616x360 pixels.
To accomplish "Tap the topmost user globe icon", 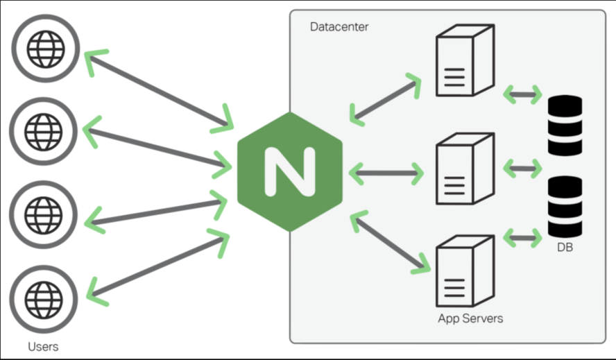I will click(x=44, y=48).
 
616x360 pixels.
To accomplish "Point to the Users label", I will click(x=43, y=346).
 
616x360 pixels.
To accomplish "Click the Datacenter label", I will click(x=339, y=27).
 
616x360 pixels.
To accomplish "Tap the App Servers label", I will click(x=470, y=319).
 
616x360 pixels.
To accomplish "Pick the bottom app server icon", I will click(x=463, y=272).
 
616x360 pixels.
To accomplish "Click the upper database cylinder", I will click(x=565, y=125).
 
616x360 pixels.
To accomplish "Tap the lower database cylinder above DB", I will click(x=565, y=206).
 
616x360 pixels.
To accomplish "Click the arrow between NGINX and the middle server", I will click(x=386, y=172).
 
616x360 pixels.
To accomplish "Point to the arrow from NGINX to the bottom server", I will click(x=390, y=243).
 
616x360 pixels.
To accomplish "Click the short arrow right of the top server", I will click(x=522, y=94).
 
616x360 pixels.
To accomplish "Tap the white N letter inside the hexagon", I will click(x=290, y=171).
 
